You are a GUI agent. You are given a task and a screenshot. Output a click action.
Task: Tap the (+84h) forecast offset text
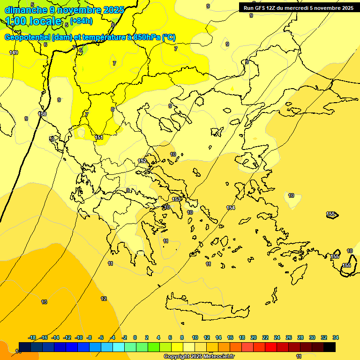coord(82,21)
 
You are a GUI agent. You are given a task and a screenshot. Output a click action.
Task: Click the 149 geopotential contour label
coord(14,52)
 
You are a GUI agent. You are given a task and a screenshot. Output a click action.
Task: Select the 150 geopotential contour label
coord(42,114)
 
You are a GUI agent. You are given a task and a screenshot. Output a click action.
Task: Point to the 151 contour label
coord(99,137)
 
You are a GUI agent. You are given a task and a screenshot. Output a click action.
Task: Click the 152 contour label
coord(142,161)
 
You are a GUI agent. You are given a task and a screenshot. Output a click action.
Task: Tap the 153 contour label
coord(176,199)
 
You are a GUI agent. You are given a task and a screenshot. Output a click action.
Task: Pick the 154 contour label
coord(231,208)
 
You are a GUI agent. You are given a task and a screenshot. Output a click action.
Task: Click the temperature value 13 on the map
coord(44,302)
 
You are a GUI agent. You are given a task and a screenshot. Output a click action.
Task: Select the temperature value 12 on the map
coord(104,299)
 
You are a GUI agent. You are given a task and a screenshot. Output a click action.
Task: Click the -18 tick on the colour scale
coord(32,338)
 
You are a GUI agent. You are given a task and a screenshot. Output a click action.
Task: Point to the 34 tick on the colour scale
coord(336,338)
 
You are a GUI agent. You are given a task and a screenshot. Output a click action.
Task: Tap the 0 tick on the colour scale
coord(135,338)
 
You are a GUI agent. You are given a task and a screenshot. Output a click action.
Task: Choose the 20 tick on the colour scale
coord(254,338)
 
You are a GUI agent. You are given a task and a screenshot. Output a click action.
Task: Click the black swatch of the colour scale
coord(330,347)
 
